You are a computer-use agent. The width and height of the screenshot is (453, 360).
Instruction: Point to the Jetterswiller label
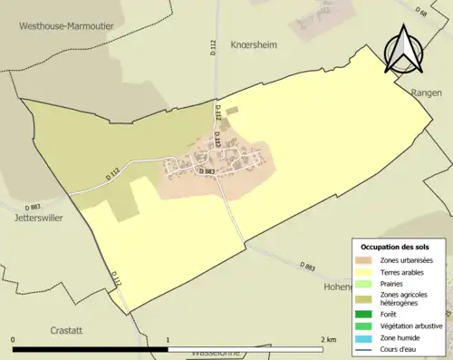coord(30,219)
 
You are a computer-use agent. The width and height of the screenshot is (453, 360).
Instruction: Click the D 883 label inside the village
coord(206,170)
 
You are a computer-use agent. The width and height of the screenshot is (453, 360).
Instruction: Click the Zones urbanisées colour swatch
coord(367,261)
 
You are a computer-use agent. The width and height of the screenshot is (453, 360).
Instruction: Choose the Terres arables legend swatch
coord(367,271)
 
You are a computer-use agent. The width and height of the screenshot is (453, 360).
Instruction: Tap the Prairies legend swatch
coord(367,282)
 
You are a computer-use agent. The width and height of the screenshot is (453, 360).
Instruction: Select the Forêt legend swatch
coord(367,315)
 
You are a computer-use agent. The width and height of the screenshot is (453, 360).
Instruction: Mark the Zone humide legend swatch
coord(367,336)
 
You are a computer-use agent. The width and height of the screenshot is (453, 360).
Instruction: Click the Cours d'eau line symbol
coord(367,347)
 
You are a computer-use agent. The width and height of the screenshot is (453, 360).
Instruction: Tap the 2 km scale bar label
coord(328,339)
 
